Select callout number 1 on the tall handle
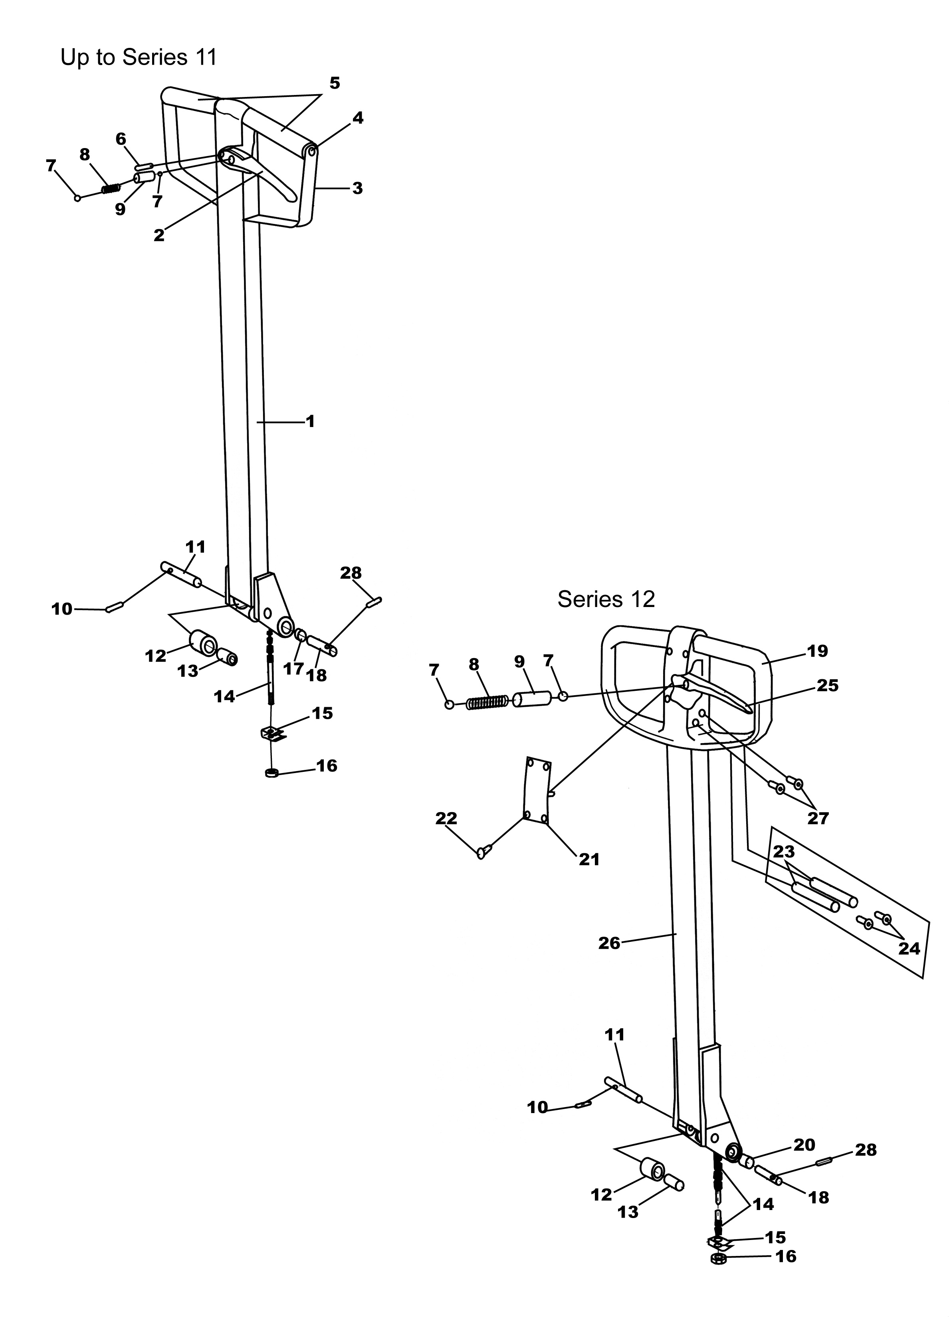(x=310, y=421)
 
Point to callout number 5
(x=335, y=83)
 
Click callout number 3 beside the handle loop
(x=357, y=188)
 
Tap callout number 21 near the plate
(x=589, y=859)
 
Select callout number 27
(x=818, y=818)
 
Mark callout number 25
(x=828, y=685)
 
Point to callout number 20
(x=804, y=1145)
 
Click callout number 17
(x=293, y=669)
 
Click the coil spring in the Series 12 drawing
(x=488, y=702)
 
